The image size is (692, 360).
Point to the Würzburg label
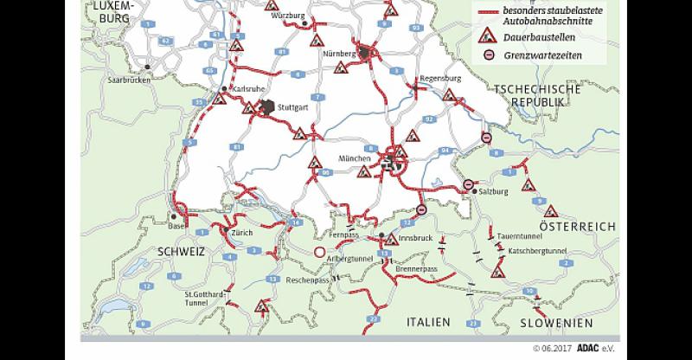289,16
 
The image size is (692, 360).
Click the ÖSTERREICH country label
577,226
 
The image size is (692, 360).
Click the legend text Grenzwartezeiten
543,55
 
